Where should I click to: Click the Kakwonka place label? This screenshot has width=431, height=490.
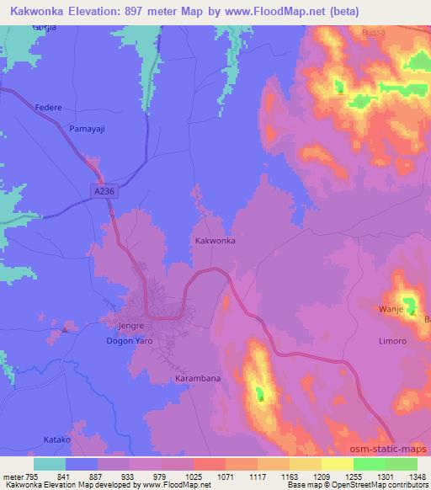(x=215, y=241)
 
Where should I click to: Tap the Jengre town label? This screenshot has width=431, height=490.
(x=124, y=323)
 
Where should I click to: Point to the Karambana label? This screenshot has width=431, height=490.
(x=198, y=379)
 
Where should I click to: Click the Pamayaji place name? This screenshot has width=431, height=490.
(x=86, y=128)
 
